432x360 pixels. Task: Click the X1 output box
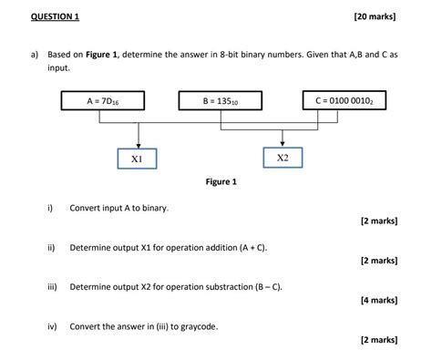click(137, 159)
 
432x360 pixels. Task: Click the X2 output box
click(282, 159)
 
